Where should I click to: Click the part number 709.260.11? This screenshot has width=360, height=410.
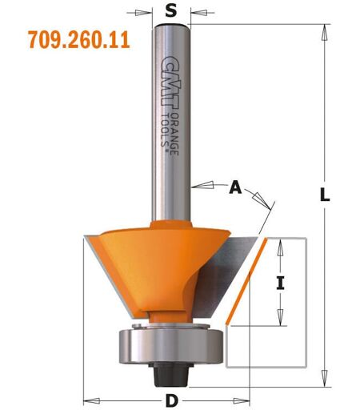coord(79,39)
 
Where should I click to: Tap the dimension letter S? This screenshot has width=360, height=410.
coord(171,11)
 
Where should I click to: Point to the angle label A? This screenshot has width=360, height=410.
coord(235,187)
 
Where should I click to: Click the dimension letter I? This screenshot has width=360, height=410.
coord(280,283)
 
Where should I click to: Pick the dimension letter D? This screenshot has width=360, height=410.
coord(172,401)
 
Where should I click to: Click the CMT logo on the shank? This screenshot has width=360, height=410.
coord(171,82)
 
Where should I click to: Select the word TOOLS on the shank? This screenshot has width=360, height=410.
coord(166,131)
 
